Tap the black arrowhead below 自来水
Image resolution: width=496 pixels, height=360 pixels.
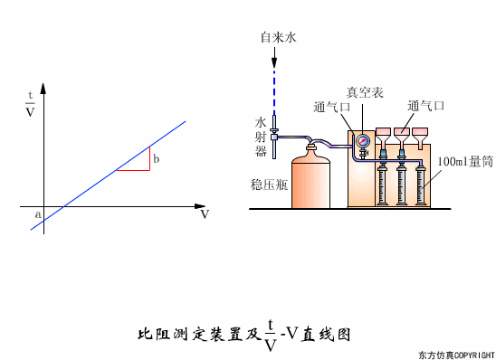click(x=276, y=60)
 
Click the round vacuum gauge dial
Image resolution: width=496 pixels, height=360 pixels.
click(x=363, y=141)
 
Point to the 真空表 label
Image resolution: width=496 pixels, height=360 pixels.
click(x=364, y=92)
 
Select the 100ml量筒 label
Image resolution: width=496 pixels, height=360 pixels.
click(x=463, y=163)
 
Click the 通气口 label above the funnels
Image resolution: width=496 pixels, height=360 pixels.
click(x=425, y=106)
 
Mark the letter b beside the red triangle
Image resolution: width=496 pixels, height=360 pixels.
click(x=157, y=159)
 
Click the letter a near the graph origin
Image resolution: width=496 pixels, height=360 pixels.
click(x=37, y=214)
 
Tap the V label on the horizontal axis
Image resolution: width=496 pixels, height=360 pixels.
click(x=205, y=214)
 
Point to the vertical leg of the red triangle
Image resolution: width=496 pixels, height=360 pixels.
click(x=149, y=157)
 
